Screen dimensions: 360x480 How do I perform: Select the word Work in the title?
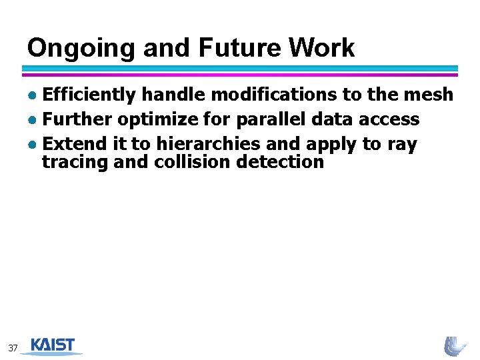tap(322, 48)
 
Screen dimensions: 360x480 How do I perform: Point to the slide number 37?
tap(13, 348)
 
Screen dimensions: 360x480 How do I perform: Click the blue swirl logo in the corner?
tap(456, 345)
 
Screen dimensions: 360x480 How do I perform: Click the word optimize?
tap(151, 120)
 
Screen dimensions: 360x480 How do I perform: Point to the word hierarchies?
tap(209, 143)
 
